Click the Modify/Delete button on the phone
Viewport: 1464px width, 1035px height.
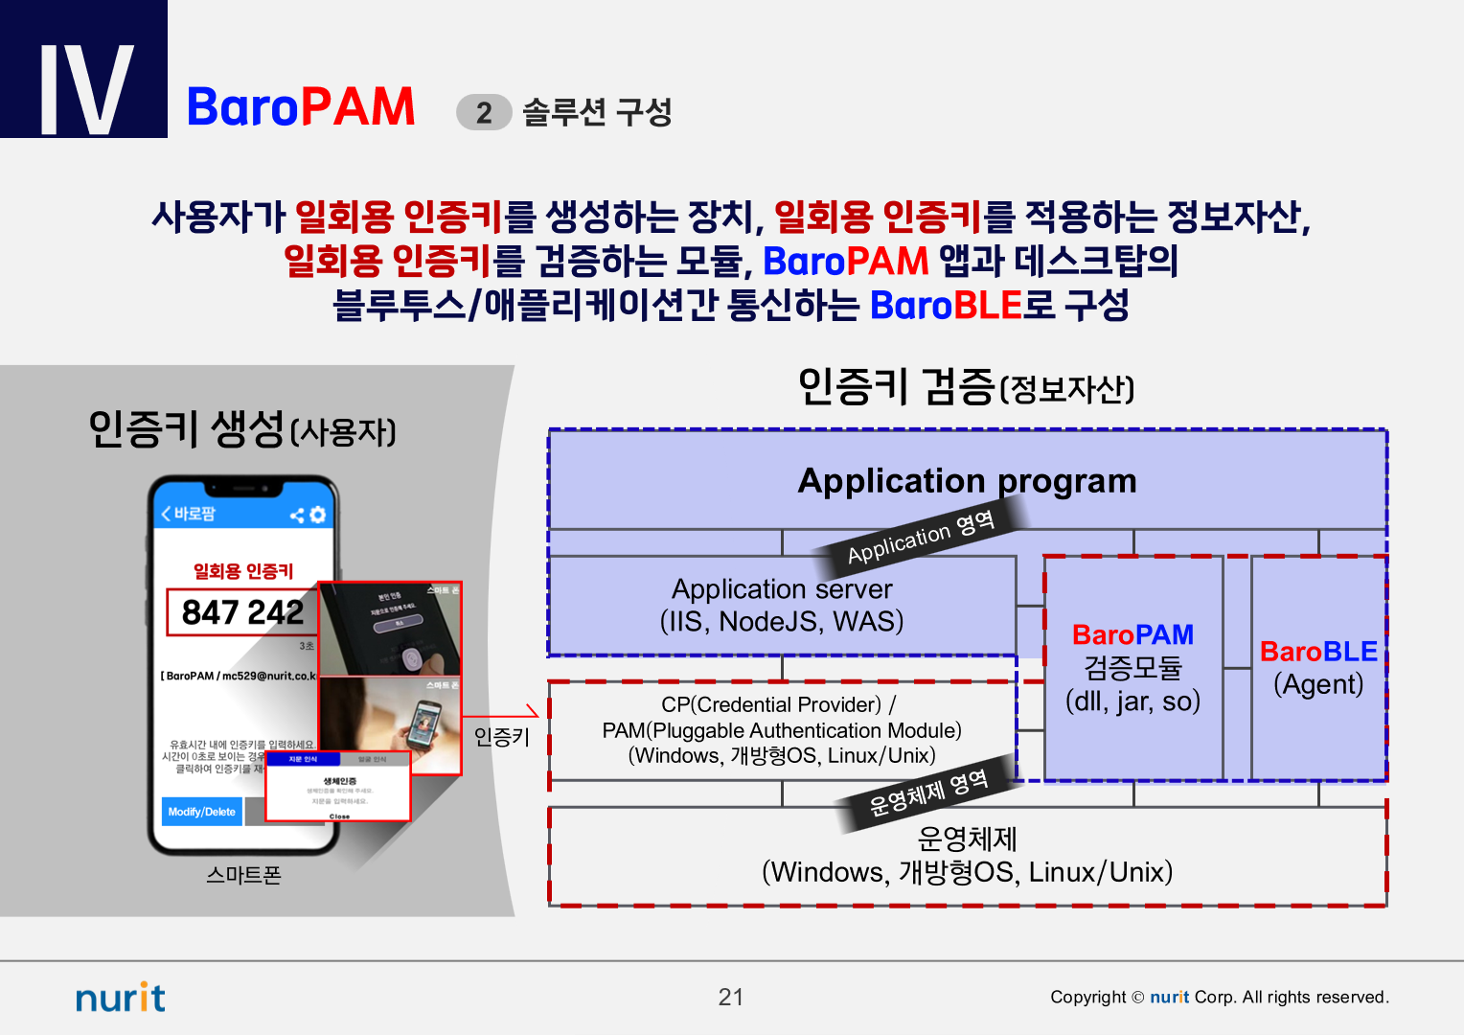pyautogui.click(x=201, y=812)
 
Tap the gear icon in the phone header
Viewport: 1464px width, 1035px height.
pyautogui.click(x=318, y=515)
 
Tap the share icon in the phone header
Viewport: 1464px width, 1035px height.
pyautogui.click(x=297, y=516)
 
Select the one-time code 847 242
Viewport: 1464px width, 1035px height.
pyautogui.click(x=241, y=612)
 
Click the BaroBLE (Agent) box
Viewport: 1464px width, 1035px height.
pyautogui.click(x=1318, y=668)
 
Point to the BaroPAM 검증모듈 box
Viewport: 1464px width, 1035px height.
pyautogui.click(x=1132, y=668)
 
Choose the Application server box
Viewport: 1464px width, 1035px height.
pyautogui.click(x=781, y=605)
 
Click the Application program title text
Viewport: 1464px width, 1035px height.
pyautogui.click(x=967, y=480)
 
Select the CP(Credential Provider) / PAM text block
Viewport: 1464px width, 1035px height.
pyautogui.click(x=781, y=730)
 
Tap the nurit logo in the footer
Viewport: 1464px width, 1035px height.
pyautogui.click(x=121, y=998)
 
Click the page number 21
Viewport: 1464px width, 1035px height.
pyautogui.click(x=731, y=998)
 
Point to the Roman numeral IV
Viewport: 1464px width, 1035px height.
pyautogui.click(x=85, y=88)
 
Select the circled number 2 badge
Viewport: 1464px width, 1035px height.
pyautogui.click(x=484, y=112)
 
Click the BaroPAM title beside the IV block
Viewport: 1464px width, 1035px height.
pyautogui.click(x=301, y=106)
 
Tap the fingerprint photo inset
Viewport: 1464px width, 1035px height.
pyautogui.click(x=390, y=629)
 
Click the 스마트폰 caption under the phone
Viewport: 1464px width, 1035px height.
pyautogui.click(x=243, y=875)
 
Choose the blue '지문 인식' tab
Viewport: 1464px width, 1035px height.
pyautogui.click(x=303, y=759)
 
